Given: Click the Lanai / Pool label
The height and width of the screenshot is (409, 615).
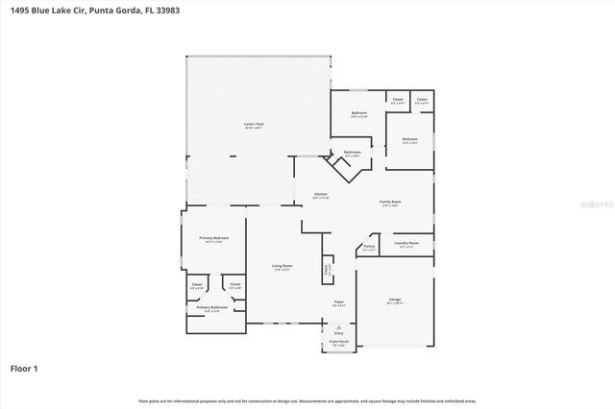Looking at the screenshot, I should (254, 126).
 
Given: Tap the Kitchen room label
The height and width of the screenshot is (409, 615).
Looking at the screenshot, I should (321, 194).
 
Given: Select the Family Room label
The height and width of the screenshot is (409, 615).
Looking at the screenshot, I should (389, 202).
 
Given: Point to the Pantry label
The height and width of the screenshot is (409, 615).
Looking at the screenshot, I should (369, 247).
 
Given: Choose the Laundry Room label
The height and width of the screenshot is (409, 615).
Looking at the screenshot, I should (406, 244).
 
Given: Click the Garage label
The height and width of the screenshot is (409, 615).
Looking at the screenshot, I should (395, 301).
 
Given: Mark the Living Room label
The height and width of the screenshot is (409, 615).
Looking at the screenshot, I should (281, 266).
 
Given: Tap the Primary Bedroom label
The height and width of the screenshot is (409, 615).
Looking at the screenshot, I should (212, 238).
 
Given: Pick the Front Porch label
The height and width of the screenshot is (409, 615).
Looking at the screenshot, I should (339, 341).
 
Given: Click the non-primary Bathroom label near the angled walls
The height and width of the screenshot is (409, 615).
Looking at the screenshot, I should (352, 153).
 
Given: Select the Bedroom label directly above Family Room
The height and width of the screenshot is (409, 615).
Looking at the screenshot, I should (410, 139).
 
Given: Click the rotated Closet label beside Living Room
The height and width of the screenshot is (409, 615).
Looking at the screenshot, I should (327, 271).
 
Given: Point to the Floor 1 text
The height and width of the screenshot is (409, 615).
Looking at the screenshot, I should (24, 368).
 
